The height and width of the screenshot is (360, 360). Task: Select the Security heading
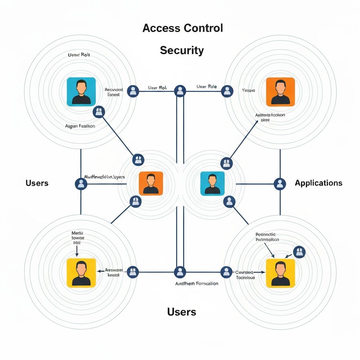tap(182, 50)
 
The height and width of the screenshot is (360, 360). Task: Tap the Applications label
tap(318, 183)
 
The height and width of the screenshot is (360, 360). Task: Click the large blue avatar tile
tap(81, 91)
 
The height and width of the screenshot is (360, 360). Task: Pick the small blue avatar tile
tap(212, 183)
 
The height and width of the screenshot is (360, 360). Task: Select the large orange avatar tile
tap(280, 91)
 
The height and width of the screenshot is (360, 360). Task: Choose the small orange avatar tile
tap(151, 183)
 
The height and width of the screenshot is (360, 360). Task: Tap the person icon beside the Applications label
tap(280, 183)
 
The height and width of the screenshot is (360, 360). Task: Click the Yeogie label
tap(248, 90)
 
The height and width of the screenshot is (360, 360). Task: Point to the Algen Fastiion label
tap(80, 126)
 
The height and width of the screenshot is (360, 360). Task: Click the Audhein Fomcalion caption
tap(197, 283)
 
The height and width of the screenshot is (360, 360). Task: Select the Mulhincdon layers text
tap(105, 177)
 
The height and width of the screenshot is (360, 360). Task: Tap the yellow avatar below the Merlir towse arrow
tap(81, 273)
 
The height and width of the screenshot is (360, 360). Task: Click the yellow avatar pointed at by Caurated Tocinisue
tap(280, 273)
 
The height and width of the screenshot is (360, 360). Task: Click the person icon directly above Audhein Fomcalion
tap(180, 271)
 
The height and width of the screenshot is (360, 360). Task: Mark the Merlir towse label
tap(78, 238)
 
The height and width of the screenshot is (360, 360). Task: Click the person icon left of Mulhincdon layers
tap(81, 183)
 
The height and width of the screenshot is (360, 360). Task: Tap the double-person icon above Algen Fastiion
tap(99, 112)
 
